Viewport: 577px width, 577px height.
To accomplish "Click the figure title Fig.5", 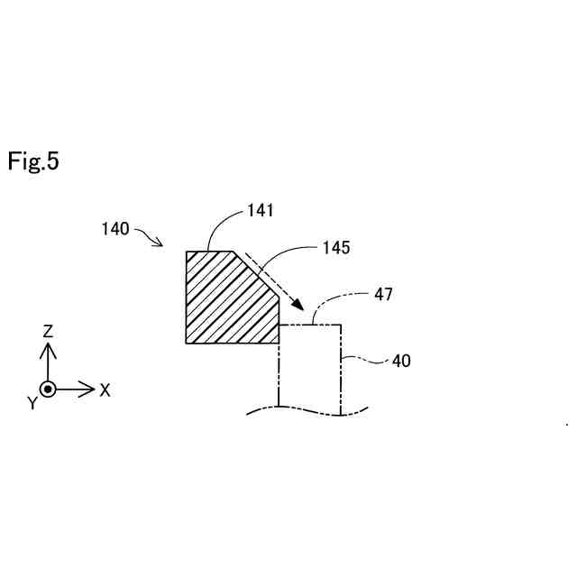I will point(33,161).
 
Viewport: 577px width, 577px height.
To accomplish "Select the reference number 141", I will point(260,211).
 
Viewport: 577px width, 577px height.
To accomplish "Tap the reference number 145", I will point(335,246).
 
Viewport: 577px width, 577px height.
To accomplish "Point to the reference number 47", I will point(382,294).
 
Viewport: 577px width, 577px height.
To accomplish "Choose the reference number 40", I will point(401,361).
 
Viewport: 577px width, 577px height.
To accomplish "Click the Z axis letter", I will point(49,331).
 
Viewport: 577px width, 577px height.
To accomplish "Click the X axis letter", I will point(105,390).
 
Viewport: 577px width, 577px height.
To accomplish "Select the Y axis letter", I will point(32,404).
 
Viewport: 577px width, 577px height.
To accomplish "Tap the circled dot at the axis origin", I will point(49,389).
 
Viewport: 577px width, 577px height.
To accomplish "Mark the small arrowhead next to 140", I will point(159,243).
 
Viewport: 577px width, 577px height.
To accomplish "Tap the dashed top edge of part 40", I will point(311,325).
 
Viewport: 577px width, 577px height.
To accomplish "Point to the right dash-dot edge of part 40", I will point(342,370).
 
